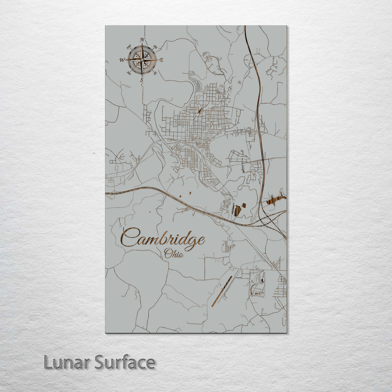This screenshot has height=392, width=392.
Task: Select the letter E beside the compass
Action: pos(162,60)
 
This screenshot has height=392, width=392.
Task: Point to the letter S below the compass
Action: pos(142,80)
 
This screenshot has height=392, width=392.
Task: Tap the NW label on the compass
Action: pos(129,47)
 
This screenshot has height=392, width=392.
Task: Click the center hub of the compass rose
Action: pos(142,60)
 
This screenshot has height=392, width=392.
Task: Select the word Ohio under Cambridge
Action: pos(173,253)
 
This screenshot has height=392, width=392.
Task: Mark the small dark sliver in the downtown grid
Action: pos(200,110)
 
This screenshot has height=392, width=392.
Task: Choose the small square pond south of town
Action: pos(244,205)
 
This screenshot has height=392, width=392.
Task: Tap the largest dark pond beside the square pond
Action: pos(237,211)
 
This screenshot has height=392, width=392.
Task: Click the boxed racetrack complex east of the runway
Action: pos(257,283)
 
